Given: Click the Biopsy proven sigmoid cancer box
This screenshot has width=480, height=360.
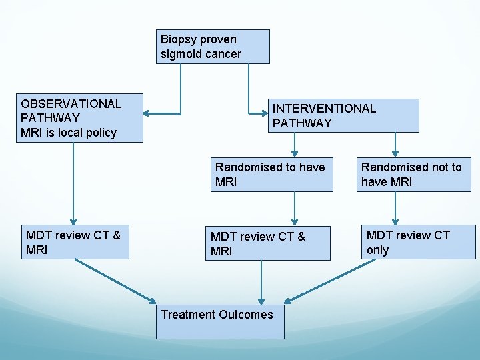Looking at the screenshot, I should coord(213,47).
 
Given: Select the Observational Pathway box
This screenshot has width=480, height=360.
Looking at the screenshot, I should coord(80,118).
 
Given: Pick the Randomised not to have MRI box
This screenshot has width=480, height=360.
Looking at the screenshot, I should coord(414,175).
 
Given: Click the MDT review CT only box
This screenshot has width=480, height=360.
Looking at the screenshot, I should coord(419,242).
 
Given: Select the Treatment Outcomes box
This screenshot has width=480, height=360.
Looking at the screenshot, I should coord(219,322).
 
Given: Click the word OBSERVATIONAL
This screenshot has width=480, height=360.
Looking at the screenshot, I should coord(71,104).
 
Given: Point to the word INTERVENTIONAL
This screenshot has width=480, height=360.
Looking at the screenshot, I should coord(324,109).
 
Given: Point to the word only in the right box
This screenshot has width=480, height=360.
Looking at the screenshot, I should coord(377,251).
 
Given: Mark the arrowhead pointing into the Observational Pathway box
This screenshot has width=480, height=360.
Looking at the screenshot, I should coord(148,114).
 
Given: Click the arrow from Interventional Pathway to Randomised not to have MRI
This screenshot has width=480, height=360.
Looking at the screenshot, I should coord(395,144).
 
